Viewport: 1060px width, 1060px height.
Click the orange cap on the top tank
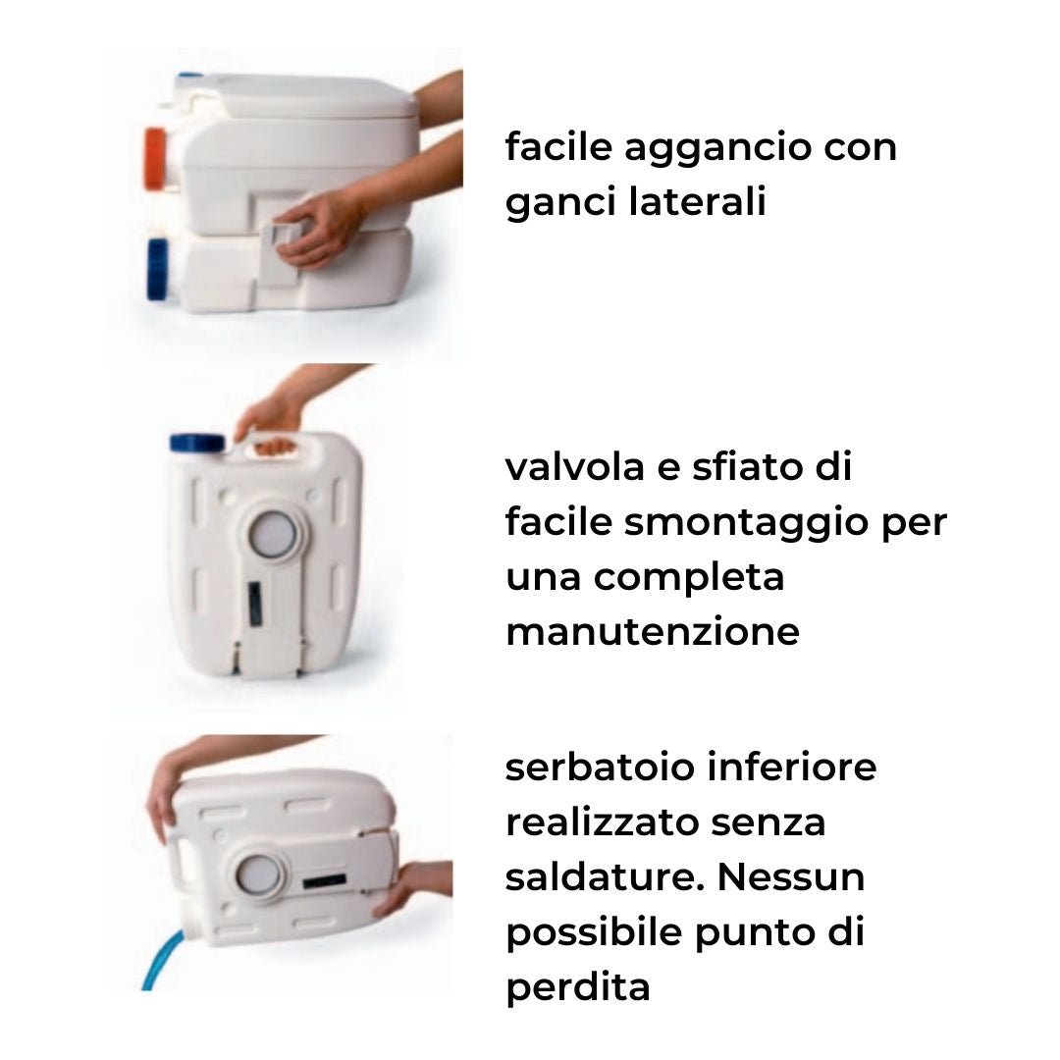[x=155, y=158]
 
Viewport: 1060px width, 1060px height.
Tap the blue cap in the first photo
[x=157, y=269]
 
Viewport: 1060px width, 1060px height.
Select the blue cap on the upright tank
[x=196, y=444]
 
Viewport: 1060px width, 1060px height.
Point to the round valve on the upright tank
[x=273, y=533]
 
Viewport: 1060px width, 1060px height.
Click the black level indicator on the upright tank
[x=255, y=604]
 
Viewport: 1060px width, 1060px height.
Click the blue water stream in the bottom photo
[x=162, y=960]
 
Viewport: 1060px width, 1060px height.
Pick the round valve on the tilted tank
[x=257, y=874]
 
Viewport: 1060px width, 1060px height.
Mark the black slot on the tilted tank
[x=325, y=881]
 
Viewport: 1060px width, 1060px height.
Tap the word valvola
[x=574, y=467]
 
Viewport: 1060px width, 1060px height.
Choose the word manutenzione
[x=653, y=633]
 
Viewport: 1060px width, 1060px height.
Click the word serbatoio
[x=600, y=768]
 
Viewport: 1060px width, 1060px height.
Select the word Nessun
[x=791, y=877]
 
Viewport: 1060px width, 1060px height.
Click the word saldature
[x=605, y=877]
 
